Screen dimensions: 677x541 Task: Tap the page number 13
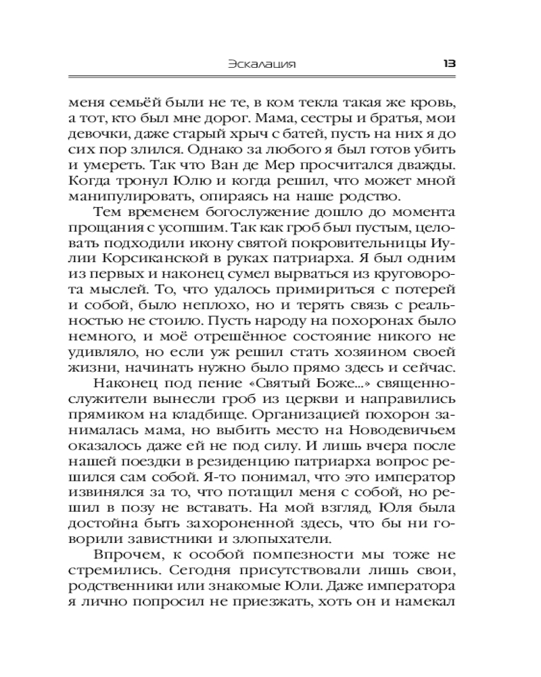449,64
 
